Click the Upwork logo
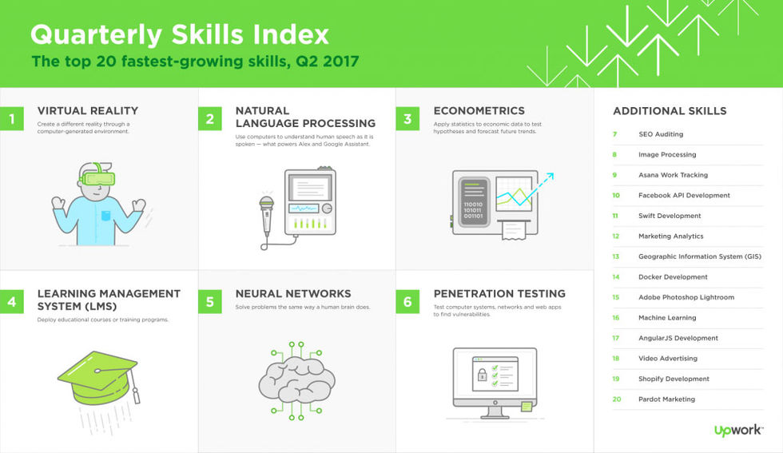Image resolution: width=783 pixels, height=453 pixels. pos(738,430)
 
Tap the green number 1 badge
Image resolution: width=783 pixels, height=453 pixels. pos(11,118)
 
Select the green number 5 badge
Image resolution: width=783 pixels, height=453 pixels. pos(209,301)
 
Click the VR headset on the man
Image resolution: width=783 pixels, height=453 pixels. pos(97,177)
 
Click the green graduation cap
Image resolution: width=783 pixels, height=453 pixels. pos(99,378)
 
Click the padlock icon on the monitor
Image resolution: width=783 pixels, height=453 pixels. pos(482,374)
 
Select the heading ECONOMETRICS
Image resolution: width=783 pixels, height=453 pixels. pos(479,111)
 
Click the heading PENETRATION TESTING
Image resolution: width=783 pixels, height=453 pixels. pos(499,294)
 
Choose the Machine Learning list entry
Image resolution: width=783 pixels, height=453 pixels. pos(667,318)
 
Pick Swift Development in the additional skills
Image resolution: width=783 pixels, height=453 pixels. pos(670,216)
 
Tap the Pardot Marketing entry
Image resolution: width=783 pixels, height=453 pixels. pos(666,399)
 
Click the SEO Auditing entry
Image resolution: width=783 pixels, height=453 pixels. pos(661,134)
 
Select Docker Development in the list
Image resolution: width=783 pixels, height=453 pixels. pos(673,276)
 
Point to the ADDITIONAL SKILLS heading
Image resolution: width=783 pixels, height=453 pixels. pos(670,111)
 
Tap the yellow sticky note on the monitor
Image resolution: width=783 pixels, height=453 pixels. pos(527,406)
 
